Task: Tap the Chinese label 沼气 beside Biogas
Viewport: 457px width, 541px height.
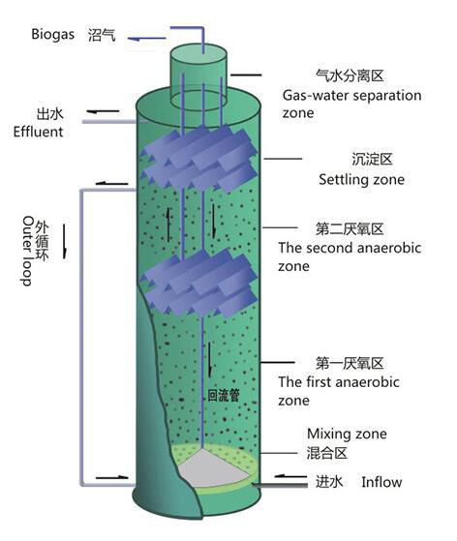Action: point(102,35)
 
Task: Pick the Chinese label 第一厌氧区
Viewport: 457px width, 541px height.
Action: point(350,363)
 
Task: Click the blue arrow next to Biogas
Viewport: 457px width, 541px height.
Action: point(149,39)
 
